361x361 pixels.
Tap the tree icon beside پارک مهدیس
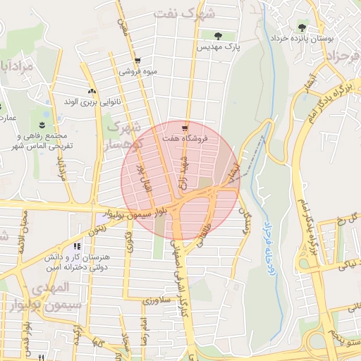coord(217,35)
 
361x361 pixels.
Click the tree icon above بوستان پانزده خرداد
coord(302,27)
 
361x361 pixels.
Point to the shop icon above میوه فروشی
coord(137,61)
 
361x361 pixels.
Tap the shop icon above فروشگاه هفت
coord(184,128)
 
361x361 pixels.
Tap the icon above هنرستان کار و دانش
coord(76,246)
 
